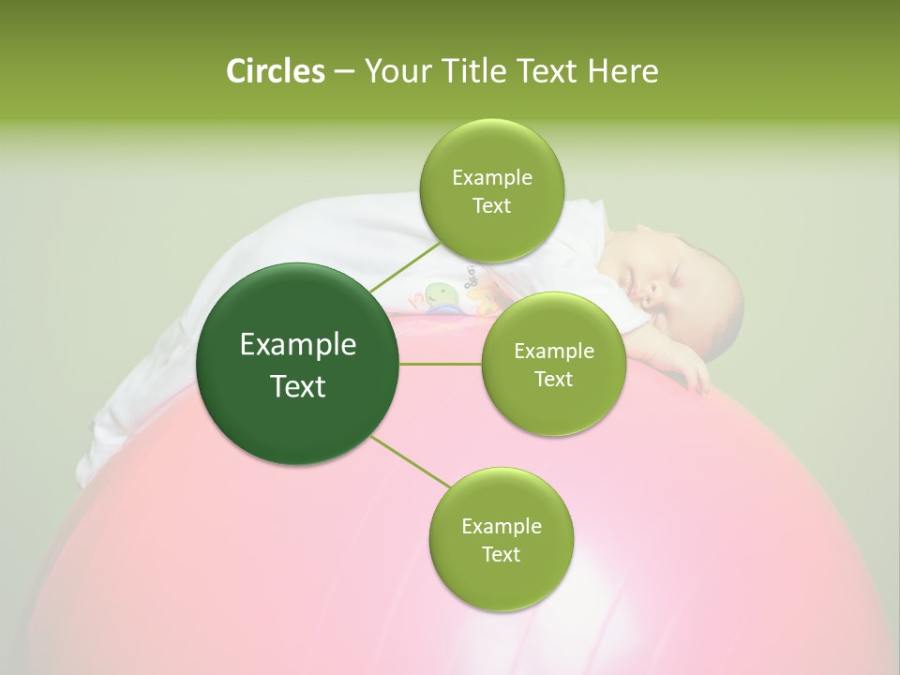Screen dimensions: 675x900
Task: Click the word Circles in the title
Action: point(275,71)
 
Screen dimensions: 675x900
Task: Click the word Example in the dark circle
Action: point(298,345)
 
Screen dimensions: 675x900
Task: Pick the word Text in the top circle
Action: point(491,205)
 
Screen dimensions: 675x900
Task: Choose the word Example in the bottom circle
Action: point(501,526)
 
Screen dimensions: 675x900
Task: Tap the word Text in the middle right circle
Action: point(553,379)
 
